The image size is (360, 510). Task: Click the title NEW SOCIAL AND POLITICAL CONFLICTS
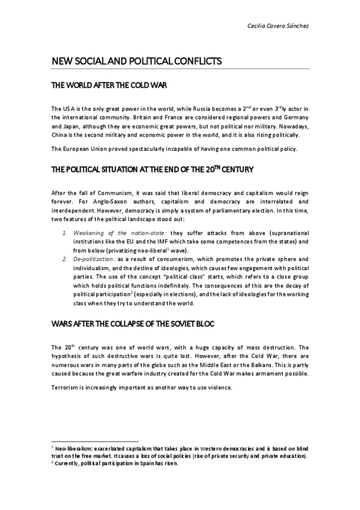click(x=137, y=61)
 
